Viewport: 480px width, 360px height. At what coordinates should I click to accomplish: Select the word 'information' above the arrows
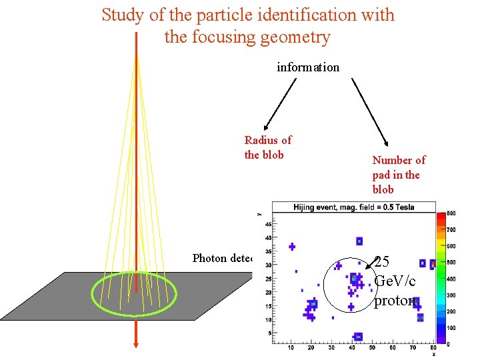click(308, 67)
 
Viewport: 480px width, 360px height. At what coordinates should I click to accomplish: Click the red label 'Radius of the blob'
click(267, 147)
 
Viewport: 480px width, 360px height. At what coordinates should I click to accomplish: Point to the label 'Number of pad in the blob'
click(399, 175)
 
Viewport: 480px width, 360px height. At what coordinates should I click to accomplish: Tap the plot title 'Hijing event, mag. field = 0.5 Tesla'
click(353, 207)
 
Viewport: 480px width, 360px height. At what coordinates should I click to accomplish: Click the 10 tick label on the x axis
click(291, 348)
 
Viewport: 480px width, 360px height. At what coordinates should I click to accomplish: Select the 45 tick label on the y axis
click(268, 224)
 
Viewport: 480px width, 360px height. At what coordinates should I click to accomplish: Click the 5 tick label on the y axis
click(269, 333)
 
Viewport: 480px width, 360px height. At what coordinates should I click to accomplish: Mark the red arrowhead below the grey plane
click(135, 342)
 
